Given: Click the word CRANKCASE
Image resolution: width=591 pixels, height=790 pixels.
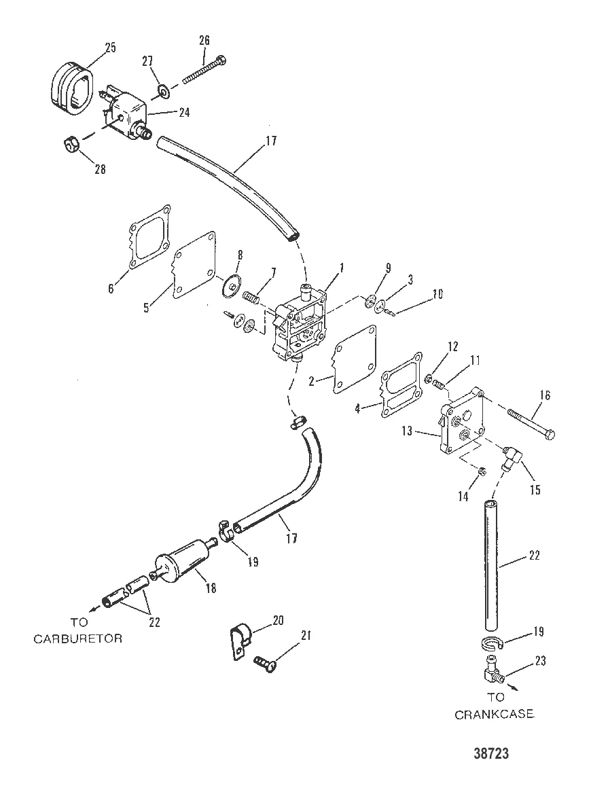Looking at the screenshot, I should click(x=494, y=714).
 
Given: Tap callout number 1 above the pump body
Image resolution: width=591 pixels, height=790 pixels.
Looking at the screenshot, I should click(x=342, y=268).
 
